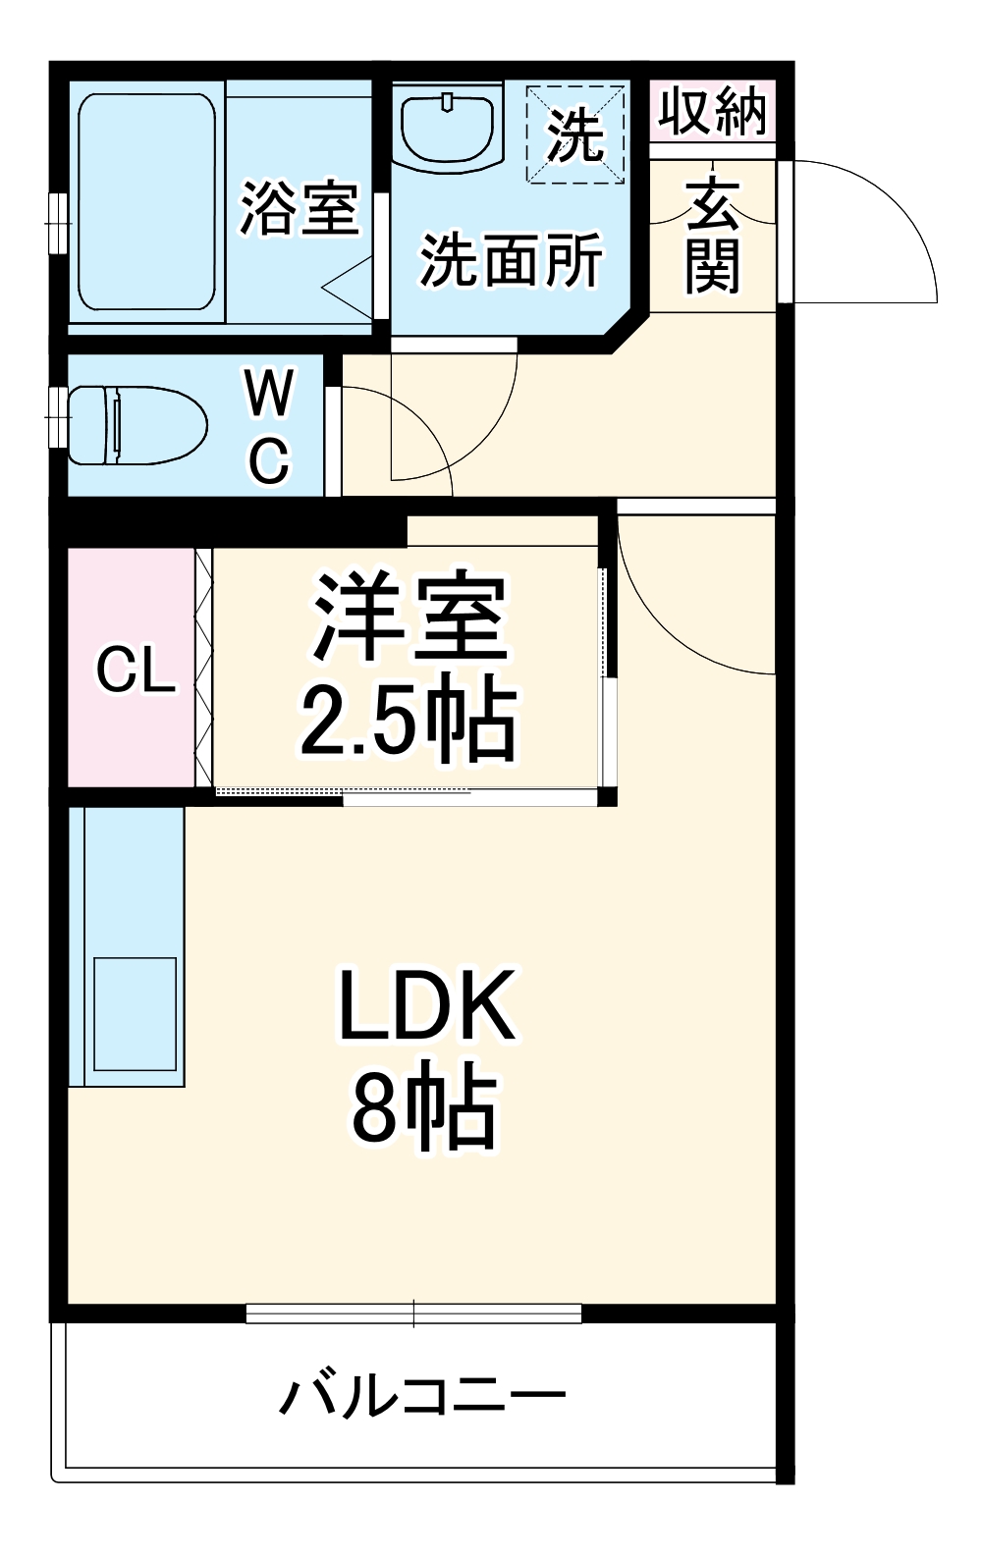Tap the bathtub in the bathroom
click(x=146, y=202)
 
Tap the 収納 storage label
click(x=712, y=110)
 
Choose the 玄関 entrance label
click(x=713, y=237)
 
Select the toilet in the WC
click(x=136, y=426)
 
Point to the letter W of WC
click(x=269, y=394)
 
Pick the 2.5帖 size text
click(x=409, y=723)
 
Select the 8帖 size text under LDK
click(x=423, y=1109)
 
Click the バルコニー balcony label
click(x=423, y=1395)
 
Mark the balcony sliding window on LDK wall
click(x=413, y=1313)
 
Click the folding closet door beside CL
click(x=204, y=668)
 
